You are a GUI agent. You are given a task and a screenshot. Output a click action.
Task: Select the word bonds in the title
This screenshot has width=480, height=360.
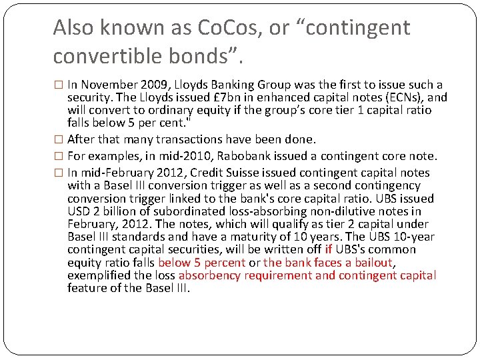click(214, 56)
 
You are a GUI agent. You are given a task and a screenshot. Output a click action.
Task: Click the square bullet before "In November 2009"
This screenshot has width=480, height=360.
click(58, 85)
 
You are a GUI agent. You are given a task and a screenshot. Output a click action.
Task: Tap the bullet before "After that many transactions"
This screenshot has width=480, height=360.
click(58, 140)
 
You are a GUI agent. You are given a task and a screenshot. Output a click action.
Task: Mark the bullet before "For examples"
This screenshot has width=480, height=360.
click(58, 157)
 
